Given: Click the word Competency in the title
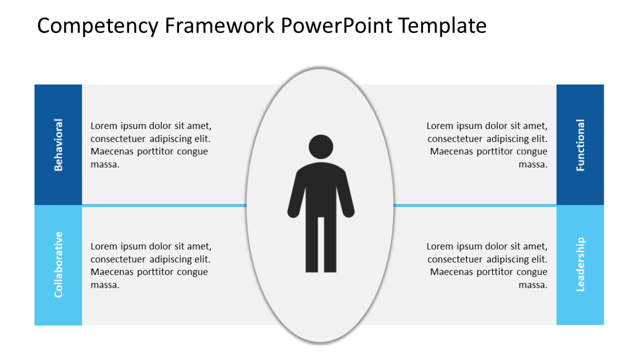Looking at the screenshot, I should pyautogui.click(x=99, y=26).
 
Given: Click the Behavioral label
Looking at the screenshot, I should pyautogui.click(x=59, y=145).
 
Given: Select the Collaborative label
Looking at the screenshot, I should pyautogui.click(x=59, y=265).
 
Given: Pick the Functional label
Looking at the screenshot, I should pyautogui.click(x=580, y=145).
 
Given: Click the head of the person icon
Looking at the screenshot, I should pyautogui.click(x=321, y=146).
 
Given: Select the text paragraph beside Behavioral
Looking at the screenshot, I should pyautogui.click(x=151, y=145).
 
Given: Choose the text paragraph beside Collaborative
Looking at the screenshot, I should pyautogui.click(x=151, y=266).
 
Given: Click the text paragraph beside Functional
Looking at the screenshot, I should pyautogui.click(x=488, y=145).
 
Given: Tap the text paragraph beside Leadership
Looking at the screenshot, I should pyautogui.click(x=488, y=266).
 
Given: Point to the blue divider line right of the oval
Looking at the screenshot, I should pyautogui.click(x=475, y=205).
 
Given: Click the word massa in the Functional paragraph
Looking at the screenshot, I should pyautogui.click(x=533, y=165).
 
